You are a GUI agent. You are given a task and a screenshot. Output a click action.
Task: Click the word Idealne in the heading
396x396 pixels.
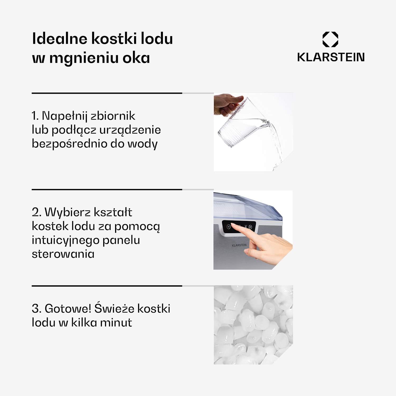pos(60,39)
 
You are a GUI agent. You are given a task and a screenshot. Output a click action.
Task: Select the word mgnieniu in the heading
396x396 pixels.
pos(84,58)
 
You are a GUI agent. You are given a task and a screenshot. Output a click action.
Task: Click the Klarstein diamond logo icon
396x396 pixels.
pos(330,39)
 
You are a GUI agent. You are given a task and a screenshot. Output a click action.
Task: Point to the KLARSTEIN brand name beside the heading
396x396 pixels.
pos(331,57)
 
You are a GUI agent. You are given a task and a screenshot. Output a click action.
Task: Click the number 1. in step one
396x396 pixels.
pos(35,116)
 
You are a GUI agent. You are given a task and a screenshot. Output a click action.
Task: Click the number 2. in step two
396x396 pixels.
pos(36,212)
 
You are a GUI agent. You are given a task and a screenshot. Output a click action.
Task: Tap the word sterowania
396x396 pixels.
pos(63,254)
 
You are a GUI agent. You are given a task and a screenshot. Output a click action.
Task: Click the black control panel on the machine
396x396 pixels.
pos(239,227)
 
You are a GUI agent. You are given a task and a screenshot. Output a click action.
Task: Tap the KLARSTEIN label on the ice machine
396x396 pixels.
pos(239,245)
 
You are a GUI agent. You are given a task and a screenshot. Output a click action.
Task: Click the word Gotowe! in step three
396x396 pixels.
pos(68,309)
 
